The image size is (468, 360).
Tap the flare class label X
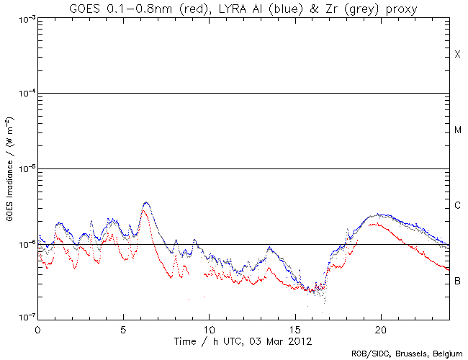[457, 55]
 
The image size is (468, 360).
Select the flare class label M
[458, 130]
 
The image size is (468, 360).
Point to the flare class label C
[458, 206]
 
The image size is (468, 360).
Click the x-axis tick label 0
[37, 328]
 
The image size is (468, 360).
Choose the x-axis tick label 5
[123, 328]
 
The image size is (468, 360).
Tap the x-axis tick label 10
[209, 328]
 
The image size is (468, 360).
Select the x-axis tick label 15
[294, 328]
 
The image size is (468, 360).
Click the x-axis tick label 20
[380, 328]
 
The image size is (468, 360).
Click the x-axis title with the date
[243, 341]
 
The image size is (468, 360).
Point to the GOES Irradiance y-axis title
[9, 169]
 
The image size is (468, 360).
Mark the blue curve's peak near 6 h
[146, 203]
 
